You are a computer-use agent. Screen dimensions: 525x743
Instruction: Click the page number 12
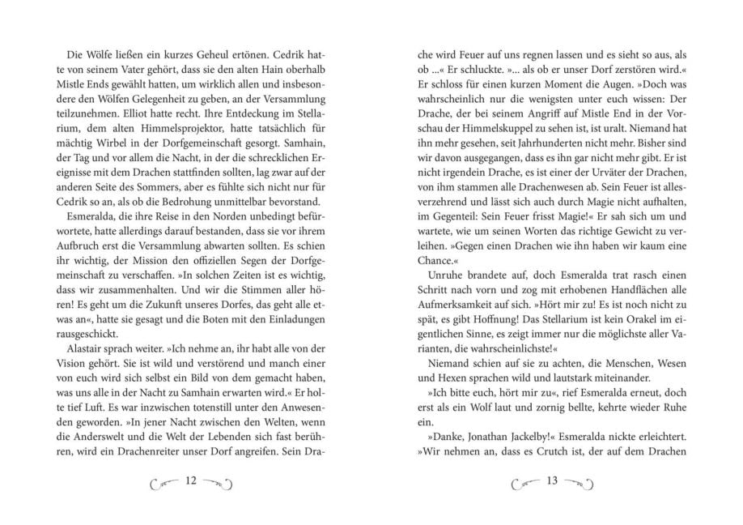pos(192,481)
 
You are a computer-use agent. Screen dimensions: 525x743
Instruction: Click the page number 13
pos(554,481)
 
